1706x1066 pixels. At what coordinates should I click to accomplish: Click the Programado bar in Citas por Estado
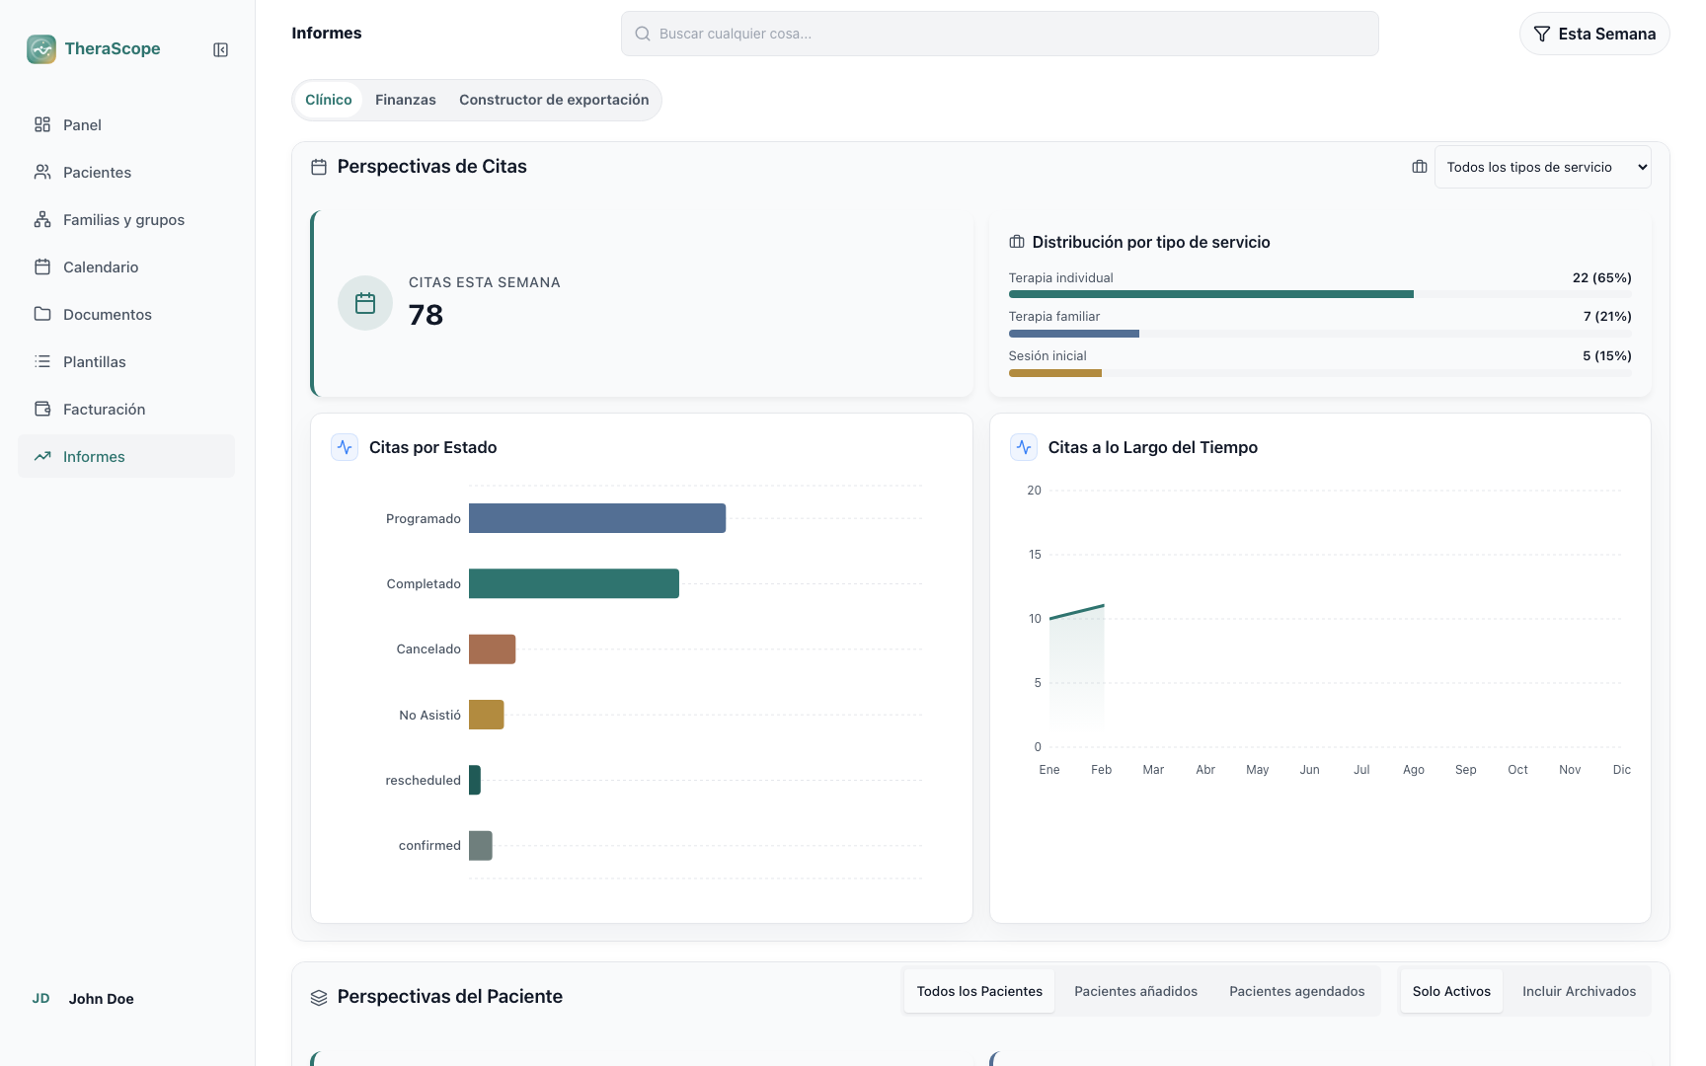[x=597, y=518]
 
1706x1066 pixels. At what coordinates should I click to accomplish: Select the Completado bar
[x=574, y=583]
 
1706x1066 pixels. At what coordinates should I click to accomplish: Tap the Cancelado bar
[x=492, y=649]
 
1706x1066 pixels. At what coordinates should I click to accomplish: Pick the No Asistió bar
[x=486, y=715]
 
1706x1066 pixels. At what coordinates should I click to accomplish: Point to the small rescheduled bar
[x=475, y=780]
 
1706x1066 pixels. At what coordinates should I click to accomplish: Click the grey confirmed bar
[x=480, y=845]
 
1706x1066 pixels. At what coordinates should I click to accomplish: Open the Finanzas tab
[x=406, y=100]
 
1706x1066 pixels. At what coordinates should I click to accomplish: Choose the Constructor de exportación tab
[x=554, y=100]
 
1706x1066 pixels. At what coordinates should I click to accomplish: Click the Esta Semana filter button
[x=1594, y=34]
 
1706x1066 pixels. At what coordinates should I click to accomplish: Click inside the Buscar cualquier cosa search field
[x=999, y=34]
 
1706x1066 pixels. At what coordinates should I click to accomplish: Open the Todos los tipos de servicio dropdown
[x=1542, y=167]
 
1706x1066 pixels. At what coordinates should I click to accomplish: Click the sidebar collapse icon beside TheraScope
[x=221, y=49]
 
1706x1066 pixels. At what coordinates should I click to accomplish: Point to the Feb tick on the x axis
[x=1102, y=770]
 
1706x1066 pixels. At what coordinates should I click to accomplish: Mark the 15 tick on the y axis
[x=1035, y=555]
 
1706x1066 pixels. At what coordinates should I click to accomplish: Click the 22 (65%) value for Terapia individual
[x=1601, y=277]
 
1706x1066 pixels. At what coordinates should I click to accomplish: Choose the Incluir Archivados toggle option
[x=1579, y=991]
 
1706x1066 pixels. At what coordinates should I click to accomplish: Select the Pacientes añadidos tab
[x=1135, y=991]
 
